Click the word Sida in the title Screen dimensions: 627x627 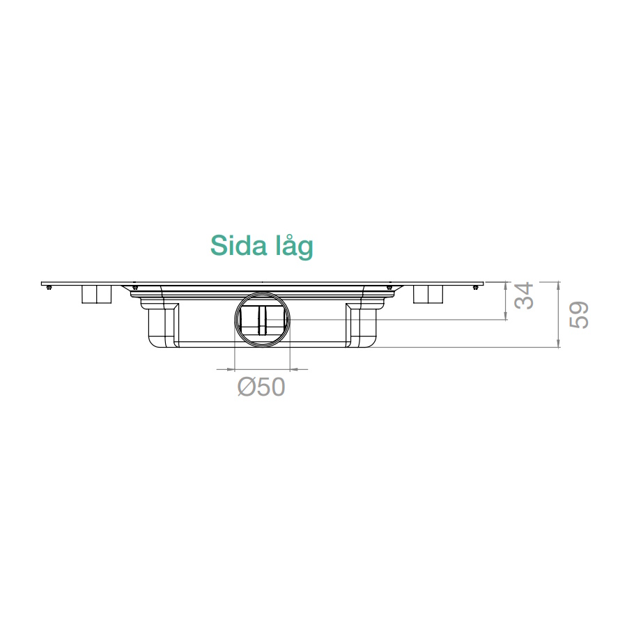(239, 245)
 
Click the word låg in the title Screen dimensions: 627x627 (295, 247)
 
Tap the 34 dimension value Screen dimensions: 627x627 (524, 295)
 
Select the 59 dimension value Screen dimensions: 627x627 (579, 315)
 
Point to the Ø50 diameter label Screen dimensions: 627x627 (261, 387)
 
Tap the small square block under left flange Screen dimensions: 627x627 (96, 294)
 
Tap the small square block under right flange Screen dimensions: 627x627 (428, 294)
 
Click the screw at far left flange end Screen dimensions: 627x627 (49, 288)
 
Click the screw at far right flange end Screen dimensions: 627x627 (475, 288)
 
